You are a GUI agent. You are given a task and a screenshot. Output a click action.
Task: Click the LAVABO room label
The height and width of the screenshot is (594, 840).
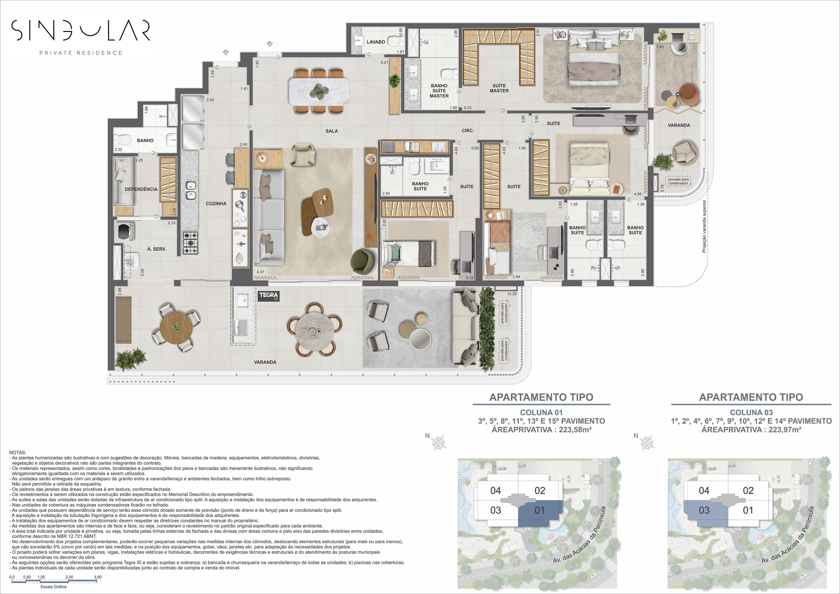click(x=375, y=42)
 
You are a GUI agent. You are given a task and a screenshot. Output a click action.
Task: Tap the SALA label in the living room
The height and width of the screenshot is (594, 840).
click(x=331, y=131)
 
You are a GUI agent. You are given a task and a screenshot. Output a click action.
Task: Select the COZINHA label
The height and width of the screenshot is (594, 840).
click(x=216, y=204)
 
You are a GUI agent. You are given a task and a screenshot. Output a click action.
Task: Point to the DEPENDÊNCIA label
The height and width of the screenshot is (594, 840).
click(x=141, y=189)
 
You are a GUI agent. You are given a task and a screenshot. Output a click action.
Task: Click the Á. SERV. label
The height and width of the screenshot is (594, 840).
click(x=156, y=249)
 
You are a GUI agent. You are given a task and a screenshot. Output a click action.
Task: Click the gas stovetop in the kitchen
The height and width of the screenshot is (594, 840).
click(x=190, y=243)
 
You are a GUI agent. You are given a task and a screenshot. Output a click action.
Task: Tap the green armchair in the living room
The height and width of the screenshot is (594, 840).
click(x=363, y=261)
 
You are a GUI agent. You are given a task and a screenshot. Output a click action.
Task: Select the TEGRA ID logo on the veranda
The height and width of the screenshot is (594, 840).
click(x=268, y=296)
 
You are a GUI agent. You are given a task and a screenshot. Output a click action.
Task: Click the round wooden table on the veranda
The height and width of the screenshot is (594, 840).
click(x=176, y=327)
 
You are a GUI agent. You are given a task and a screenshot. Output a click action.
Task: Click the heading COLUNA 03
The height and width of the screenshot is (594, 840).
click(x=751, y=412)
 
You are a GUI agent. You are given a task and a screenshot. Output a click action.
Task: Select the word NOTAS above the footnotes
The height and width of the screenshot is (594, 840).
click(x=18, y=453)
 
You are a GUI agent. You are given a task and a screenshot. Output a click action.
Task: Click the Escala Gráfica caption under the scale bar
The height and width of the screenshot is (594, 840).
click(x=53, y=587)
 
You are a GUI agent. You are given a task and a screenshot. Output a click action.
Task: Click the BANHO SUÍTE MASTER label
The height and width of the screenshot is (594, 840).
click(x=439, y=91)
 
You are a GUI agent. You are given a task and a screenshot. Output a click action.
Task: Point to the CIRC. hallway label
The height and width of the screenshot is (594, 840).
click(x=468, y=131)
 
